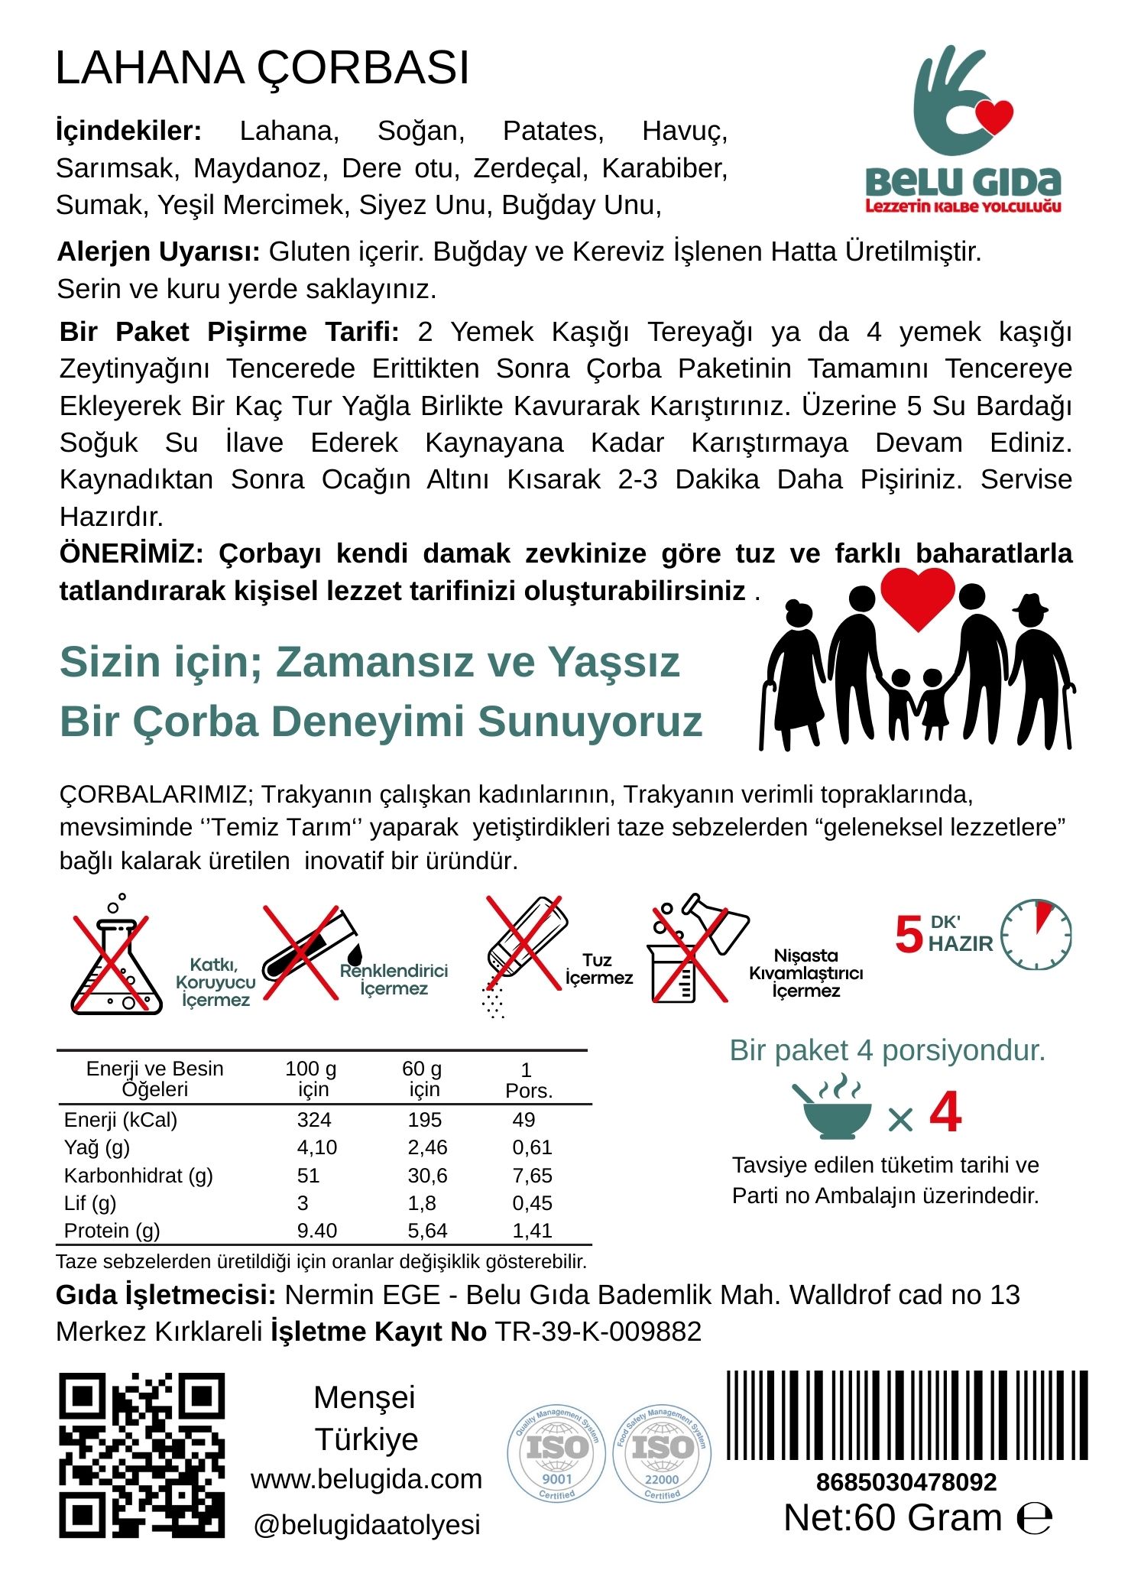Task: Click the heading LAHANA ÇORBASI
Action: (x=262, y=68)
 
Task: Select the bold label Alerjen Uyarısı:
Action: (x=159, y=251)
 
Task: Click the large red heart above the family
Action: (x=917, y=596)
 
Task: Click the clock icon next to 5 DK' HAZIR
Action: (x=1036, y=934)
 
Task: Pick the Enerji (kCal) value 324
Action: (x=314, y=1120)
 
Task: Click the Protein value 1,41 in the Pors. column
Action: (x=532, y=1231)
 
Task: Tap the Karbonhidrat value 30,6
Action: (x=426, y=1176)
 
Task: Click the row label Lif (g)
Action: (x=90, y=1203)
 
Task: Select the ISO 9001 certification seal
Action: (x=556, y=1454)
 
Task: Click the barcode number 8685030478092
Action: (x=906, y=1482)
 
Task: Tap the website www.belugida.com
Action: (x=367, y=1479)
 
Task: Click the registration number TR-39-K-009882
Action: (x=598, y=1332)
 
